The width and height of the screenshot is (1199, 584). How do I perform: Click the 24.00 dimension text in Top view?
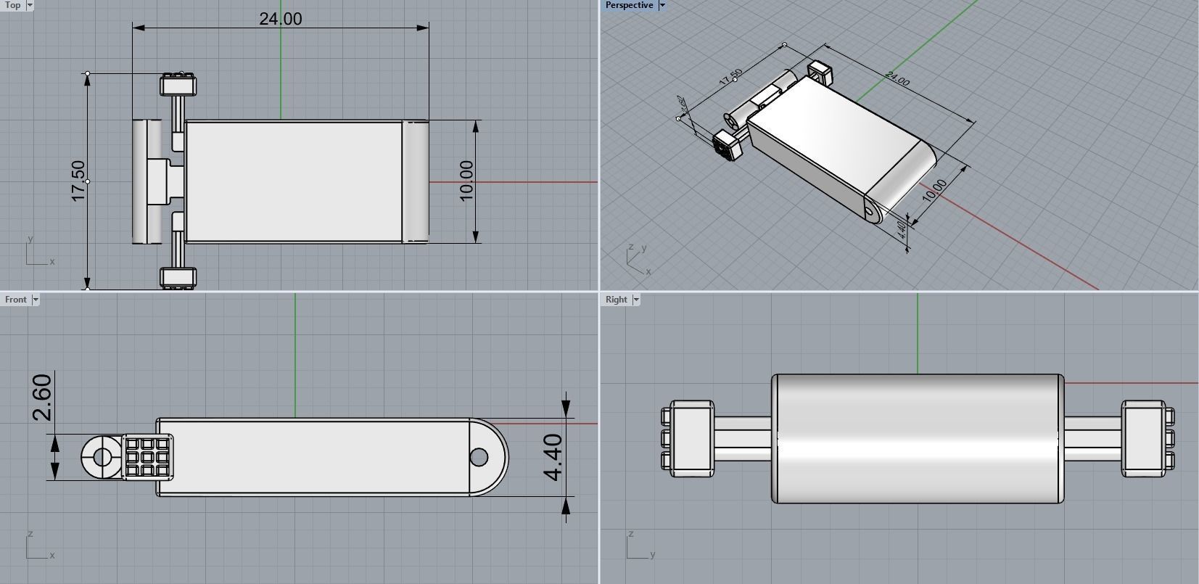coord(281,19)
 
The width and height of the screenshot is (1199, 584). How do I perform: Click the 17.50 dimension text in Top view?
coord(78,181)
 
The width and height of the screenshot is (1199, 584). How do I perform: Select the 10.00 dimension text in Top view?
coord(466,181)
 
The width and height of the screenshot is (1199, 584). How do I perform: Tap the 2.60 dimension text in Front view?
coord(43,397)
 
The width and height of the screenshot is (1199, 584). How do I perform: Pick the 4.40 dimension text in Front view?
coord(553,457)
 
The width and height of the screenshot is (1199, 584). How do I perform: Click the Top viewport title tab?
coord(12,5)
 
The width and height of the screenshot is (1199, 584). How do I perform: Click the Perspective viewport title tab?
coord(629,5)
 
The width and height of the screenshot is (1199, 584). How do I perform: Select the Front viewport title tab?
coord(15,299)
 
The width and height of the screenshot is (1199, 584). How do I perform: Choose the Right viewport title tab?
coord(616,299)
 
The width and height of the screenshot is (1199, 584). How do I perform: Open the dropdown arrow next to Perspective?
coord(662,5)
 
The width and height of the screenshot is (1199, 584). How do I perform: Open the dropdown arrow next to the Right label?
coord(636,299)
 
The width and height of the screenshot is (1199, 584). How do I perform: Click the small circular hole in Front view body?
coord(479,457)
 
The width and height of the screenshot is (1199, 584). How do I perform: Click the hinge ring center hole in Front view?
coord(102,457)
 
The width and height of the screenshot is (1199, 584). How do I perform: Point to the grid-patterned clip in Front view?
coord(148,457)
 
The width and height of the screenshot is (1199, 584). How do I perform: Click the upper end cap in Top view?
coord(178,85)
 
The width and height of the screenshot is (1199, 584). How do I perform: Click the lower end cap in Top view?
coord(178,277)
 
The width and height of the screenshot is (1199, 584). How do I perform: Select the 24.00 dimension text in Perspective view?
coord(897,79)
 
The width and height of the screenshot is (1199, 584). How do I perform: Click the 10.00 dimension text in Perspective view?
coord(934,190)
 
